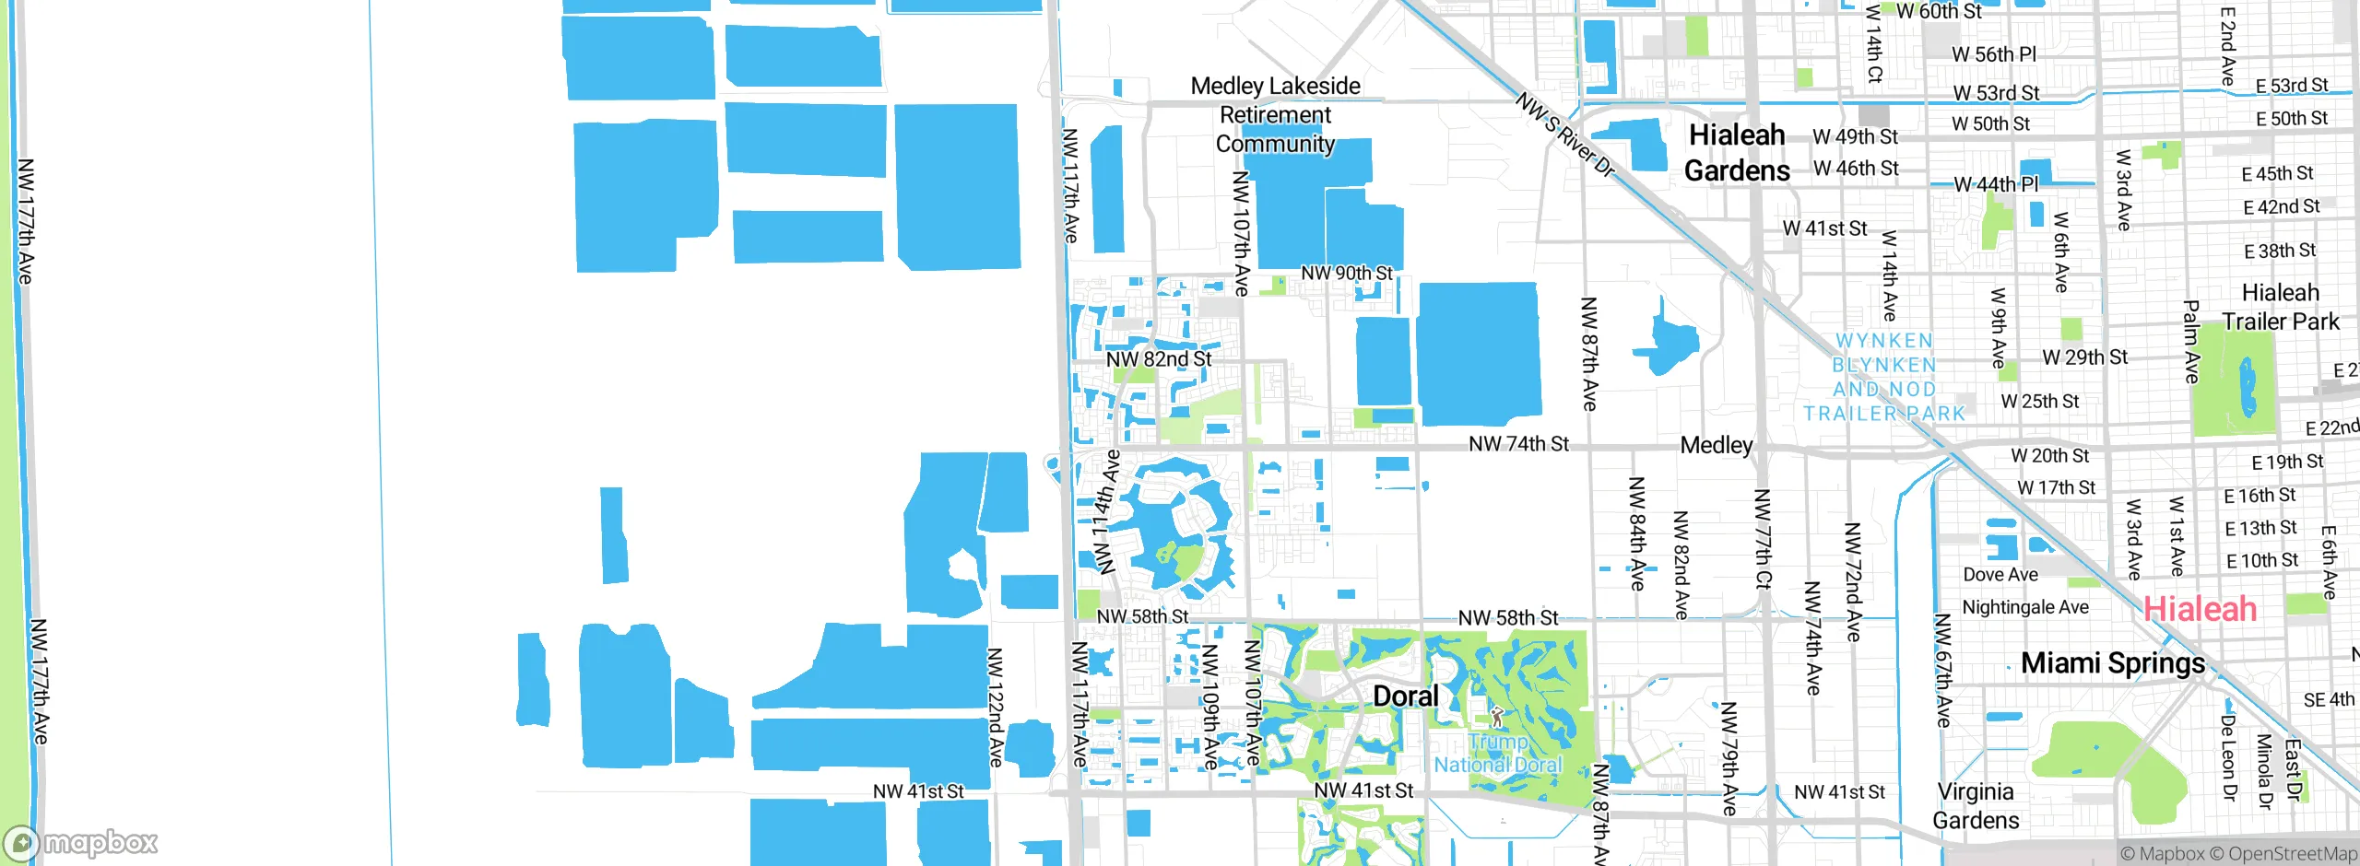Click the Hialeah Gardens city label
pyautogui.click(x=1737, y=153)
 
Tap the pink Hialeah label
pyautogui.click(x=2200, y=609)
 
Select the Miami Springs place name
pyautogui.click(x=2113, y=663)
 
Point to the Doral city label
pyautogui.click(x=1406, y=696)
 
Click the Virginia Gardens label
pyautogui.click(x=1976, y=806)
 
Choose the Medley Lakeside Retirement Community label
pyautogui.click(x=1276, y=115)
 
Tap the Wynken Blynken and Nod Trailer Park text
pyautogui.click(x=1884, y=378)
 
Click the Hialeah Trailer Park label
pyautogui.click(x=2280, y=307)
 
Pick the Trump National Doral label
pyautogui.click(x=1498, y=754)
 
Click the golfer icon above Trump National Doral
pyautogui.click(x=1497, y=717)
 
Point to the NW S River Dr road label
pyautogui.click(x=1564, y=135)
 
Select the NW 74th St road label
pyautogui.click(x=1518, y=444)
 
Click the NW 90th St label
pyautogui.click(x=1347, y=274)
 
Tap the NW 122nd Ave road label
pyautogui.click(x=996, y=708)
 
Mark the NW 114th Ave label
pyautogui.click(x=1105, y=511)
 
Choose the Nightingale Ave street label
pyautogui.click(x=2025, y=607)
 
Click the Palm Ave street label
pyautogui.click(x=2191, y=342)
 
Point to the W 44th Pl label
pyautogui.click(x=1996, y=184)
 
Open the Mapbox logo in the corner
pyautogui.click(x=81, y=843)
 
